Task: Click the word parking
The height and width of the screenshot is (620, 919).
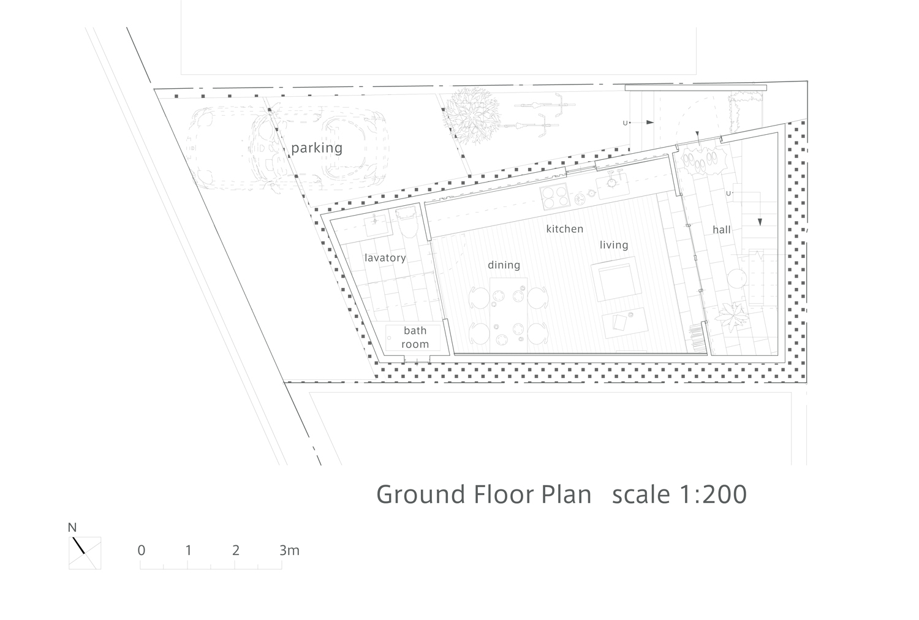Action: [317, 148]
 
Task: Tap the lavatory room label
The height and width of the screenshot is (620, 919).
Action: [385, 258]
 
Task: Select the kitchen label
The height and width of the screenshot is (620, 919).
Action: [564, 229]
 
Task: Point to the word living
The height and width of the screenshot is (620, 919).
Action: [614, 245]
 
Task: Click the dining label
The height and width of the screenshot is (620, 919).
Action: [504, 265]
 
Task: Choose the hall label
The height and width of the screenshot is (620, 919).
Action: [722, 230]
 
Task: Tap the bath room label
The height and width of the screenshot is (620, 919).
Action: [415, 338]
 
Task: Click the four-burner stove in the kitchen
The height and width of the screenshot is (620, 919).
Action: [555, 197]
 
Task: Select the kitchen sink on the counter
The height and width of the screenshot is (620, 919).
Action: [612, 186]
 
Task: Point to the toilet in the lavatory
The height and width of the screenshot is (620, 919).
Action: [407, 222]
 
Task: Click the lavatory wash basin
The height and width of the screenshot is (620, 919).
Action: [376, 224]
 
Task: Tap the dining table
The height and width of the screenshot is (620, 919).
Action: [509, 315]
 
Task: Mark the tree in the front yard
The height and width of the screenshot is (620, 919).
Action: [472, 115]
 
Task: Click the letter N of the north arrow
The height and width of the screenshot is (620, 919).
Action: [72, 527]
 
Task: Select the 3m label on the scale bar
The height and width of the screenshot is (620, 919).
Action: [290, 550]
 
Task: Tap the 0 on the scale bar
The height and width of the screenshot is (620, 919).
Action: [142, 550]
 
